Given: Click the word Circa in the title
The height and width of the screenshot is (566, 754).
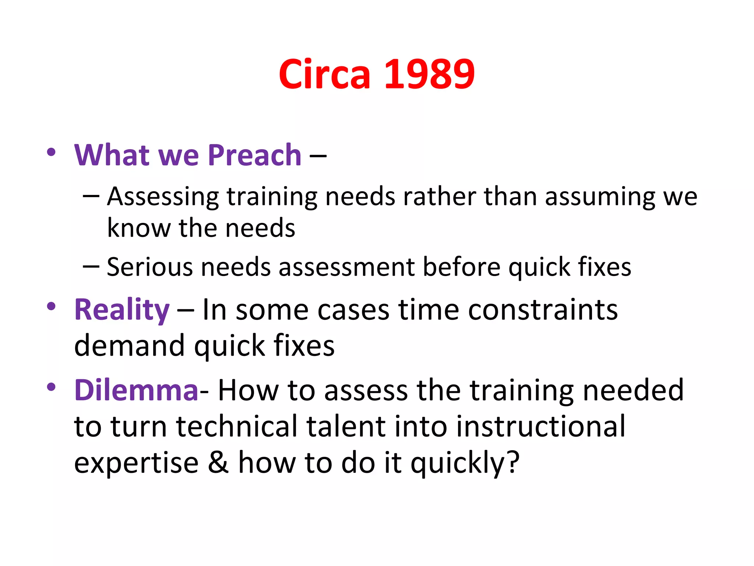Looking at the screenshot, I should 324,74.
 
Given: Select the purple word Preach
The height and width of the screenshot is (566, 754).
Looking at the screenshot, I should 254,155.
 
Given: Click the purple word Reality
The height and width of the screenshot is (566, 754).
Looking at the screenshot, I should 122,310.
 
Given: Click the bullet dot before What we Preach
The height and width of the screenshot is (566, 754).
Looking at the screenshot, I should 51,152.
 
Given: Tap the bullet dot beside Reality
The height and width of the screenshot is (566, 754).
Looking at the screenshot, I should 51,306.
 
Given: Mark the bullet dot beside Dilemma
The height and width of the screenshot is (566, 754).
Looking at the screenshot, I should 51,387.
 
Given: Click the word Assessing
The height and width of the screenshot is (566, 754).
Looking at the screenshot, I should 163,197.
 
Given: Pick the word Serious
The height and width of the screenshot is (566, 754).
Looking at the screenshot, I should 149,267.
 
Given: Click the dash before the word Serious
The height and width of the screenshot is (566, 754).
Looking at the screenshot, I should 91,266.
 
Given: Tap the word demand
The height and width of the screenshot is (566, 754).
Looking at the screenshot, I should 129,346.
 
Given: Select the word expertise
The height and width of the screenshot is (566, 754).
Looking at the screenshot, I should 136,463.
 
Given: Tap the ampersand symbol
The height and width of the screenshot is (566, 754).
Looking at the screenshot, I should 218,462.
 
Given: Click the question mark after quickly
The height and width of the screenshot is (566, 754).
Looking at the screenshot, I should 512,462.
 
